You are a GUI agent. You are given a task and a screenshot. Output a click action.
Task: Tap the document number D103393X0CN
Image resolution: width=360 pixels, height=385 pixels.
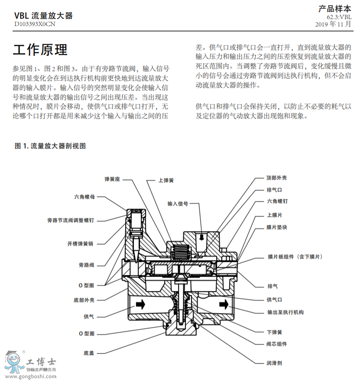point(35,24)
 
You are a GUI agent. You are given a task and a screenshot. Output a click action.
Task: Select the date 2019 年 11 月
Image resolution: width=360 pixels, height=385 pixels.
point(333,24)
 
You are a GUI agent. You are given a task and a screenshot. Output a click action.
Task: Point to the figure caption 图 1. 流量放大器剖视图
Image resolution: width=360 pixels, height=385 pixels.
point(50,146)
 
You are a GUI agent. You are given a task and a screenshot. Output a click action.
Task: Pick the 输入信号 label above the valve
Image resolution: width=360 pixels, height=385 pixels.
point(178,203)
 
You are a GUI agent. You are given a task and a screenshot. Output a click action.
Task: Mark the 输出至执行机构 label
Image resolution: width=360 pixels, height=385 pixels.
point(285,312)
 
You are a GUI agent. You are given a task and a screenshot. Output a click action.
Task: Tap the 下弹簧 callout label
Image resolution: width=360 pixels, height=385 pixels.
point(275,332)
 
